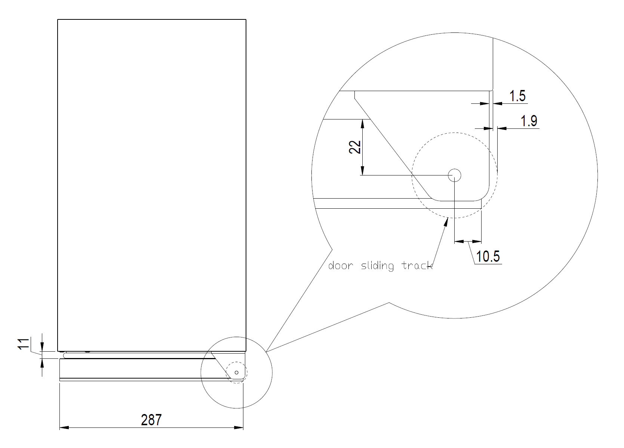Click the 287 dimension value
click(x=151, y=420)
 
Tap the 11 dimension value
click(x=24, y=344)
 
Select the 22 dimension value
click(x=355, y=147)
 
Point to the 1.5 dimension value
click(x=517, y=96)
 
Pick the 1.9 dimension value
click(x=529, y=121)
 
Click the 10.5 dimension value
click(x=488, y=256)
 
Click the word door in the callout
click(x=341, y=265)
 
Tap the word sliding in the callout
click(x=378, y=266)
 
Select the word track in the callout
click(x=417, y=266)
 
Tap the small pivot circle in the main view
click(x=237, y=373)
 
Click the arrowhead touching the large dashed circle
click(x=446, y=222)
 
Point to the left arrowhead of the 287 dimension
click(x=64, y=427)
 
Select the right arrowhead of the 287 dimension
click(x=239, y=427)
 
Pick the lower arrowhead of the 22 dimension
click(x=362, y=171)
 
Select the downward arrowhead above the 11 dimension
click(x=42, y=347)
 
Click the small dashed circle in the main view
click(x=237, y=362)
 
